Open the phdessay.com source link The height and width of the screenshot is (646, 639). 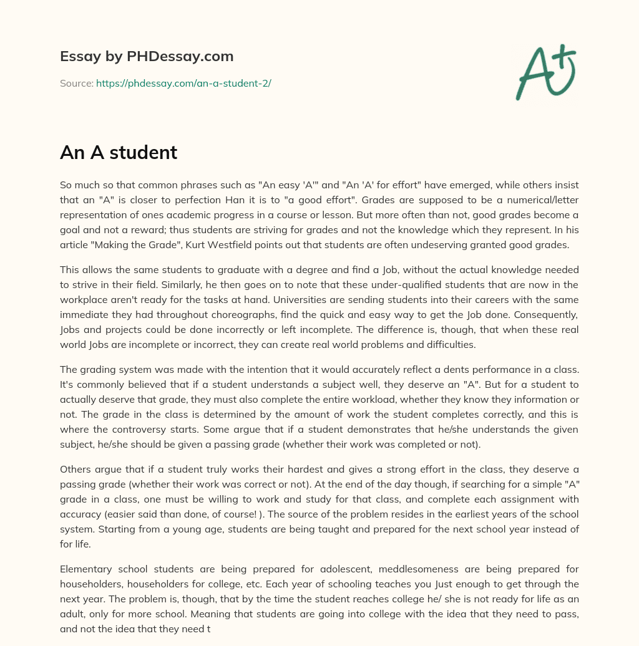pyautogui.click(x=183, y=83)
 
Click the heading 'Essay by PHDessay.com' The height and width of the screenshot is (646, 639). pyautogui.click(x=147, y=56)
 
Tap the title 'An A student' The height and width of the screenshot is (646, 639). pyautogui.click(x=119, y=153)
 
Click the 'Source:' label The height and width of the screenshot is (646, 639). pyautogui.click(x=76, y=83)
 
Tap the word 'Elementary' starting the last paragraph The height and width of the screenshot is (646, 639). pyautogui.click(x=85, y=569)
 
